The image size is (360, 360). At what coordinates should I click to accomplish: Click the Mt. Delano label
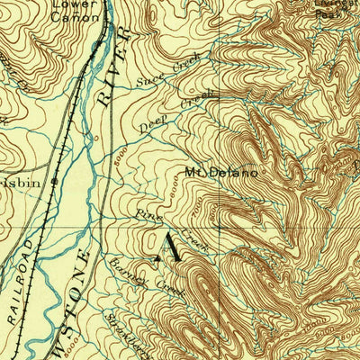point(221,172)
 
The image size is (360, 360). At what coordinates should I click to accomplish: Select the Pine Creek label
point(172,228)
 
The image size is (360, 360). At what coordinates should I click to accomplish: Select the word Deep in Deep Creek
point(152,124)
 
